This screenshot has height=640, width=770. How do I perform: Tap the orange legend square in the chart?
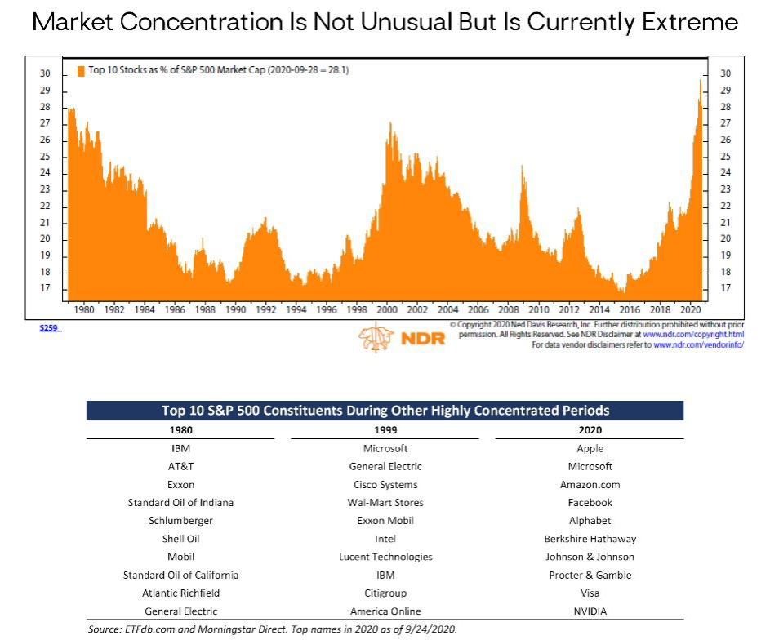tap(81, 71)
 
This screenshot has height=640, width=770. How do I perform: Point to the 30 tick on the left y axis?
tap(46, 73)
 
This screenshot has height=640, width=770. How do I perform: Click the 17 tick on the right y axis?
tap(726, 288)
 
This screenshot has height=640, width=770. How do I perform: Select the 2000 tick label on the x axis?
tap(386, 310)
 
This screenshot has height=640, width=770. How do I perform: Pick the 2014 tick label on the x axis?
tap(599, 310)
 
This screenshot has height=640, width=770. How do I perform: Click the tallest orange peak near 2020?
tap(701, 79)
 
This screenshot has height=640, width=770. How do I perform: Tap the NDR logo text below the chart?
tap(423, 339)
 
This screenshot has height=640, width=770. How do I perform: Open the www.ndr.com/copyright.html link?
tap(693, 335)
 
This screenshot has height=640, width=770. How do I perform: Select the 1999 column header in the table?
tap(385, 430)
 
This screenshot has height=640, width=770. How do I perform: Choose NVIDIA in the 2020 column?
tap(590, 611)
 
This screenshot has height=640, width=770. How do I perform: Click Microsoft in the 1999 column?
tap(385, 448)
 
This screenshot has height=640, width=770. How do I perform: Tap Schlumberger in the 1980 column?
tap(180, 520)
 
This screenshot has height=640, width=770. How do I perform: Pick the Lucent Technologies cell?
tap(385, 557)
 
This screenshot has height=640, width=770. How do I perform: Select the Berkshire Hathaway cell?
tap(590, 539)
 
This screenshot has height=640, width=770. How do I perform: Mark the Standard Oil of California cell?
tap(180, 575)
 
